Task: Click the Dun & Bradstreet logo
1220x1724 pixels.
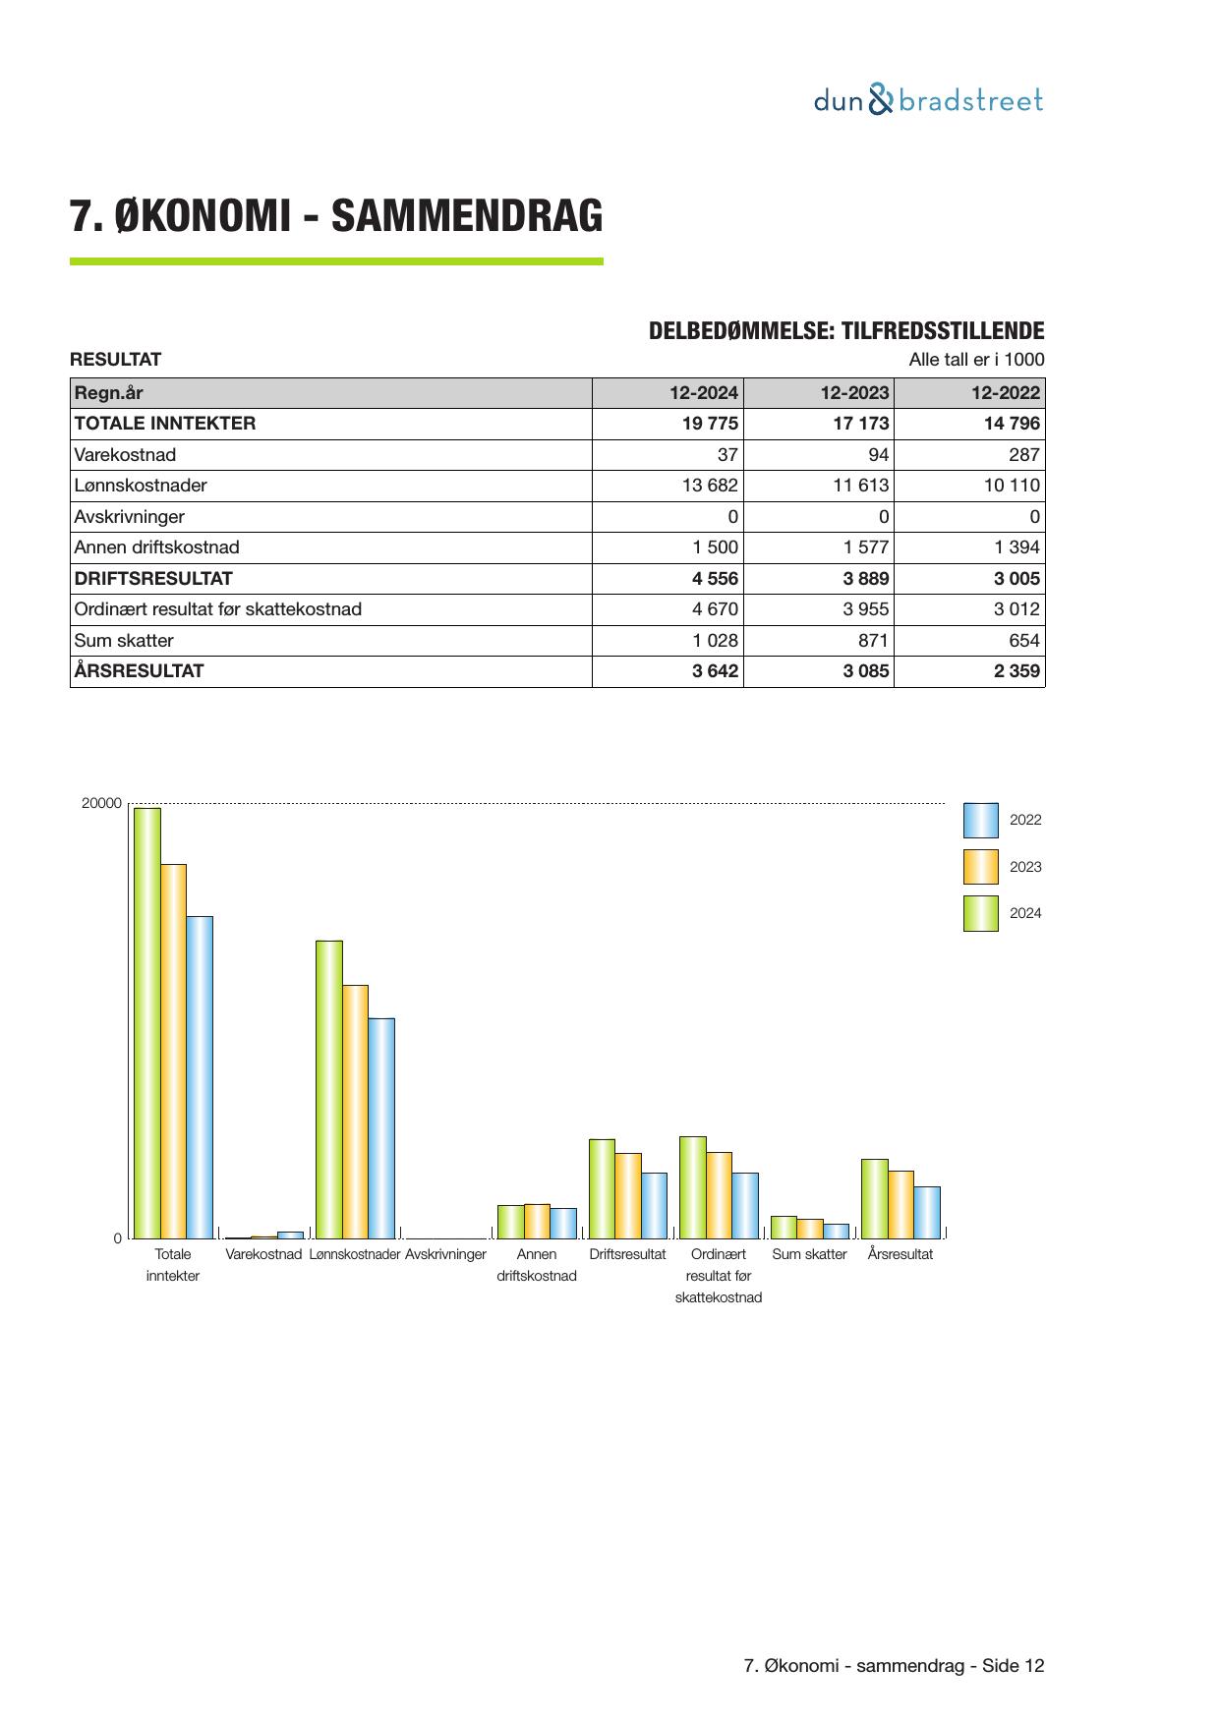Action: click(927, 100)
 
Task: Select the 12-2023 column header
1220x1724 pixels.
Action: click(854, 393)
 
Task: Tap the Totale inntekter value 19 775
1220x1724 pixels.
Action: click(705, 424)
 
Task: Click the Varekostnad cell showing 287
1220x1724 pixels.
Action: click(1023, 455)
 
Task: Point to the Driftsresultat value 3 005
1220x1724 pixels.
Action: click(1017, 579)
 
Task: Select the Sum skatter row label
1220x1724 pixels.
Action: click(124, 641)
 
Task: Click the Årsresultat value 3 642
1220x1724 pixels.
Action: click(715, 671)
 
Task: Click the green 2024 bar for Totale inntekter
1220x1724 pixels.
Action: click(147, 1022)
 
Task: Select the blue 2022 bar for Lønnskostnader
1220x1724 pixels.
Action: click(381, 1127)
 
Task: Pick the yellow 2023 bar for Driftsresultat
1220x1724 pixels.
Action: click(628, 1195)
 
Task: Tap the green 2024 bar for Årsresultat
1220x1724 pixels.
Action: click(874, 1198)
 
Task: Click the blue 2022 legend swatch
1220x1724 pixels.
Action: click(980, 820)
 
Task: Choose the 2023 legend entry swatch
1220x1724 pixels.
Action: click(980, 867)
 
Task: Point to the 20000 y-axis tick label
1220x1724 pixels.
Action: click(101, 804)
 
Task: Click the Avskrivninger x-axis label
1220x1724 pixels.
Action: click(445, 1255)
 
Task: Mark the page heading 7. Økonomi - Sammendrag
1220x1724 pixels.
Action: click(335, 216)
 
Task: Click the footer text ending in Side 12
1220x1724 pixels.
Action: click(894, 1666)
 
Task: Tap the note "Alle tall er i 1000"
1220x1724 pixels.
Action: click(976, 360)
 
